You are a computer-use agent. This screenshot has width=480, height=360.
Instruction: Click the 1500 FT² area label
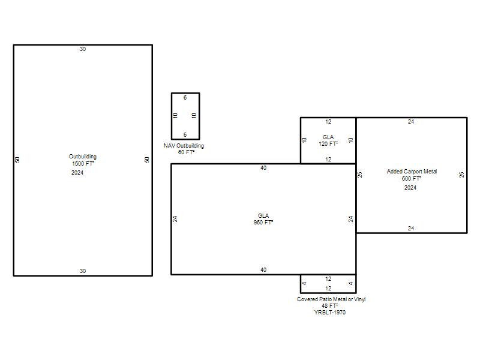point(83,163)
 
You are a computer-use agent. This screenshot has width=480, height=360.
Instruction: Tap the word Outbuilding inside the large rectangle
point(83,157)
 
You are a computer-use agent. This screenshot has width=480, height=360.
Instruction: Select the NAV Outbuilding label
point(184,146)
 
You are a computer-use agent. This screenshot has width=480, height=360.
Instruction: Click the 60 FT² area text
point(186,152)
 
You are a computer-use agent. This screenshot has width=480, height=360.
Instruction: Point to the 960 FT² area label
point(263,222)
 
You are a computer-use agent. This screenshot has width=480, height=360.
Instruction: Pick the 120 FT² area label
point(328,143)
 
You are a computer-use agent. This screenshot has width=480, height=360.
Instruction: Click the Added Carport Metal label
point(412,172)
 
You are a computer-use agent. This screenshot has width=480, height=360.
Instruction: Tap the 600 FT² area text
point(412,178)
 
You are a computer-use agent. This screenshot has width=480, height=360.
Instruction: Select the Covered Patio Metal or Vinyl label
point(331,299)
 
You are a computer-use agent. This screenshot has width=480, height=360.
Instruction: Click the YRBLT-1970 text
point(330,312)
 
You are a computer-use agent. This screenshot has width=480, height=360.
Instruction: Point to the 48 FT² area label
point(329,306)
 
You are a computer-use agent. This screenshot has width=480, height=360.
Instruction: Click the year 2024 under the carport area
point(410,188)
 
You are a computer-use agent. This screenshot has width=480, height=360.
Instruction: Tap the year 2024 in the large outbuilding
point(77,173)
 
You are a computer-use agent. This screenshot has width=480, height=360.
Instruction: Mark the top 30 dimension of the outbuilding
point(83,49)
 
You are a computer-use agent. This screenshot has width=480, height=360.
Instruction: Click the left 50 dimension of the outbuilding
point(17,160)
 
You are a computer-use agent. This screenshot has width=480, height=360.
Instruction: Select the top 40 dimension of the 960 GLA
point(263,168)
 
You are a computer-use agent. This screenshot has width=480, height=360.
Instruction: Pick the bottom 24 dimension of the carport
point(411,229)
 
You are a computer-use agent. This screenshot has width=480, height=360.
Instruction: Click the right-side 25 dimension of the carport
point(461,175)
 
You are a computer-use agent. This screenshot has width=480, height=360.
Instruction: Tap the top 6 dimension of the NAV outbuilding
point(185,98)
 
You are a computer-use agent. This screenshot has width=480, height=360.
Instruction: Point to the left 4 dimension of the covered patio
point(304,283)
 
